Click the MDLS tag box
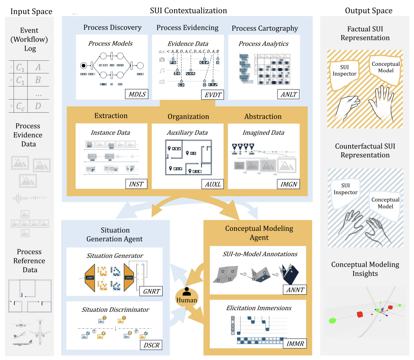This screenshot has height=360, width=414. click(136, 94)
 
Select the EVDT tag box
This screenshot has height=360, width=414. click(212, 94)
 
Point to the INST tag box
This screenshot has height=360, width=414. click(136, 184)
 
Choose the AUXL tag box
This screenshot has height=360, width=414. click(212, 184)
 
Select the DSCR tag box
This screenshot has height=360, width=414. click(151, 344)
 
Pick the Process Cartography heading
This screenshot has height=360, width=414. click(264, 28)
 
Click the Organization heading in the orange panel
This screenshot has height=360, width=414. click(188, 116)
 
